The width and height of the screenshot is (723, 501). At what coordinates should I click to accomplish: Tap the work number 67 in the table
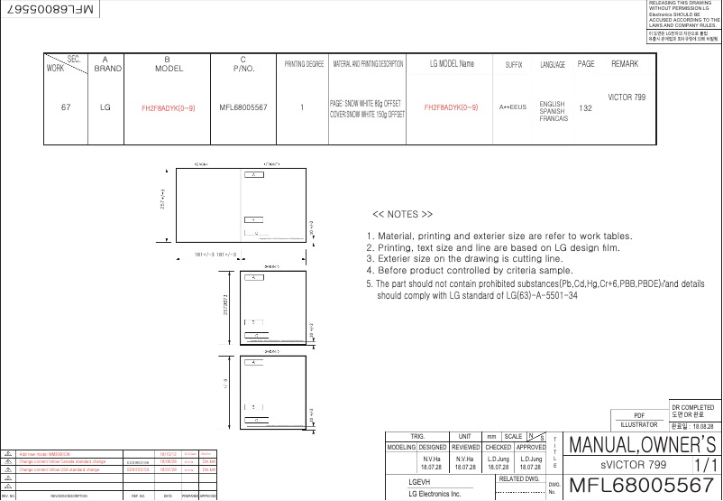point(66,107)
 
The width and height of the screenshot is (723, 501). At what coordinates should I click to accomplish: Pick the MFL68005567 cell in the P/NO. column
point(243,107)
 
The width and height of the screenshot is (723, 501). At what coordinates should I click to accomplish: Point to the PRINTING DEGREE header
point(304,65)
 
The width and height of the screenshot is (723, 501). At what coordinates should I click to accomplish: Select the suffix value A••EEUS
point(513,107)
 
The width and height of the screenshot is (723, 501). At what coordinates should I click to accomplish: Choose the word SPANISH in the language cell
point(552,112)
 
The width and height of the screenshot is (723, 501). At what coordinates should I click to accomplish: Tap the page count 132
point(585,107)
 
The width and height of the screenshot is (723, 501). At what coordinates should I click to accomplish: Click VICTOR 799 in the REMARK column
point(627,97)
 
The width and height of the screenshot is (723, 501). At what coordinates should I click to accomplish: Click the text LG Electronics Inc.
point(435,494)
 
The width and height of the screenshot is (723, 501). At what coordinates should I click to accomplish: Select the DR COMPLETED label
point(693,408)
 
